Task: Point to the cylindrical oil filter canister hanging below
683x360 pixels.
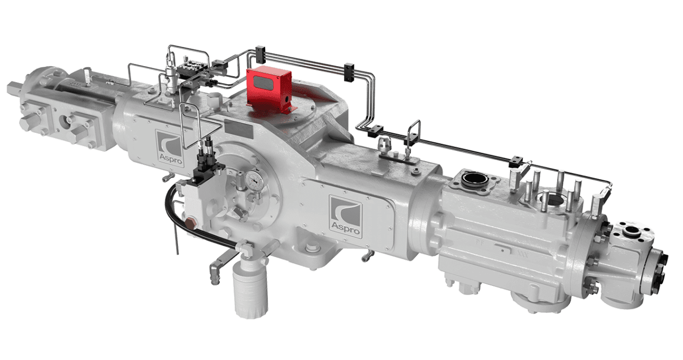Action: click(250, 291)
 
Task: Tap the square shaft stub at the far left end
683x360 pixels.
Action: click(15, 85)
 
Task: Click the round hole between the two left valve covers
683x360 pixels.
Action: click(68, 120)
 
